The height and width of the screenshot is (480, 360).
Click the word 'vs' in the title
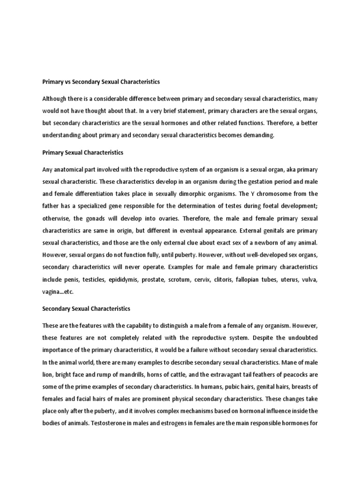(x=65, y=82)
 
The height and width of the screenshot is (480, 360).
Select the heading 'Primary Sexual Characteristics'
(x=82, y=152)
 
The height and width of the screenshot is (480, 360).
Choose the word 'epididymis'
(x=127, y=279)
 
